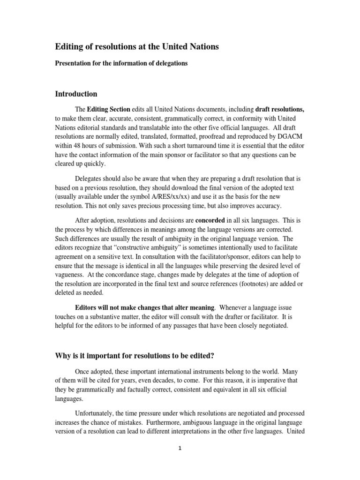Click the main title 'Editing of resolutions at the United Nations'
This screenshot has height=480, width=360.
coord(137,47)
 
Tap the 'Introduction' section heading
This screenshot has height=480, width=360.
coord(76,94)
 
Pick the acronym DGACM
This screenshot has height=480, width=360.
coord(290,139)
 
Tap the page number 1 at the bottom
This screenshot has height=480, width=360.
coord(180,448)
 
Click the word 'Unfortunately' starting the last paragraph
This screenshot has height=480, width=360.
coord(97,413)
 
